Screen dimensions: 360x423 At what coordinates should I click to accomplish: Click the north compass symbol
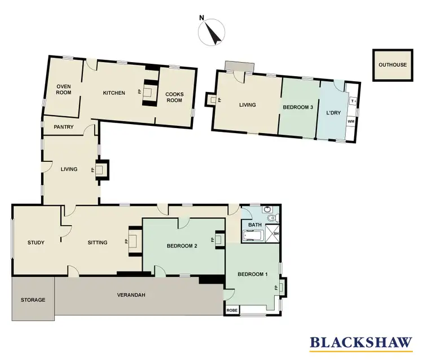click(x=210, y=32)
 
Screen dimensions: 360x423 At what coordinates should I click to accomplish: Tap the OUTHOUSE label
click(x=392, y=65)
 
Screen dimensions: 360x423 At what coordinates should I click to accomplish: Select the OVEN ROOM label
click(x=63, y=90)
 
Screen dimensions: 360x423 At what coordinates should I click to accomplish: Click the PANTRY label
click(x=64, y=127)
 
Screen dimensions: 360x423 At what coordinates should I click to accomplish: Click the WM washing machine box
click(x=351, y=121)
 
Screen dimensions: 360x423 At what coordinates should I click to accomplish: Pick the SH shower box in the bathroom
click(x=276, y=234)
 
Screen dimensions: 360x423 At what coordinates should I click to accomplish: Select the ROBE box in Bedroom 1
click(x=231, y=310)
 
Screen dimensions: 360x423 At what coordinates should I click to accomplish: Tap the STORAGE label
click(x=33, y=300)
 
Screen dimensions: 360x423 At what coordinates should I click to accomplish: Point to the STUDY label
click(x=36, y=243)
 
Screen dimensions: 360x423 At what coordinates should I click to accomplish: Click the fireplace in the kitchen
click(x=149, y=93)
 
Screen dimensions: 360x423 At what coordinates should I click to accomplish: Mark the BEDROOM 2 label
click(x=182, y=246)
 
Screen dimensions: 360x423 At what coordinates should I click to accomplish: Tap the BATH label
click(x=255, y=225)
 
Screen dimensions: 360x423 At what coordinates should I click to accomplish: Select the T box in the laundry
click(x=352, y=101)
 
